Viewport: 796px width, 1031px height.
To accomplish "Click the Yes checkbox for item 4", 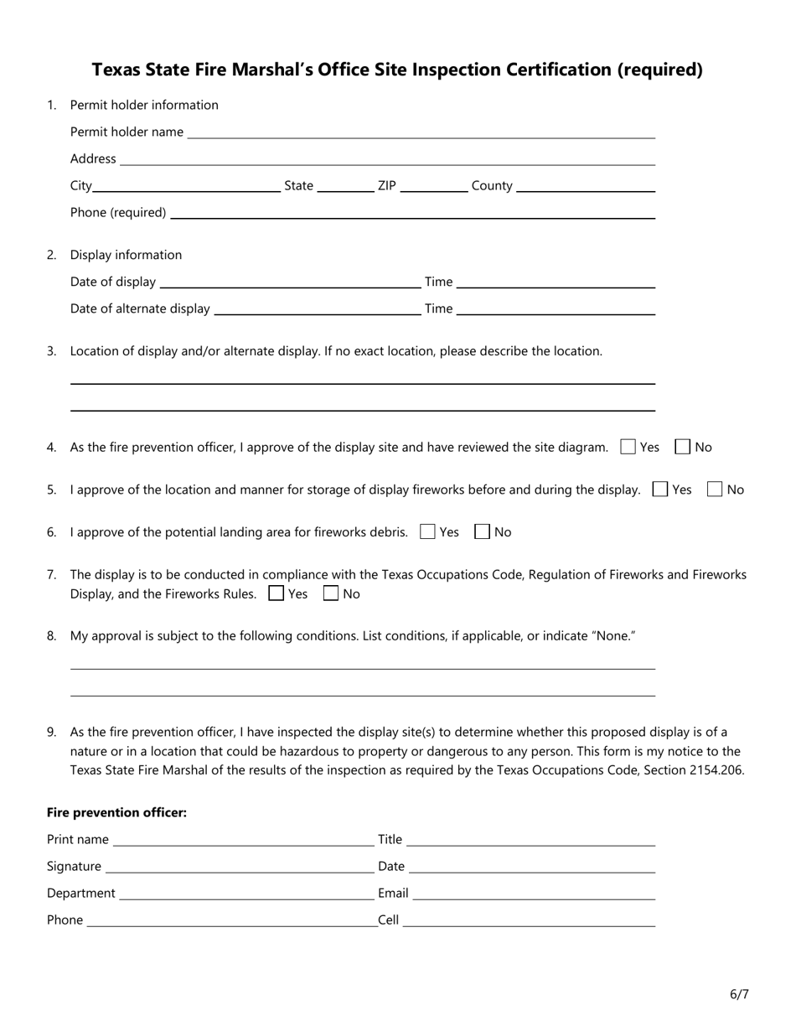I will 628,448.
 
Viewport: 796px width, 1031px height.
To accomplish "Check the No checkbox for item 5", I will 715,490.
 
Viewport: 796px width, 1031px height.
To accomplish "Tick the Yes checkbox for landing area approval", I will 427,532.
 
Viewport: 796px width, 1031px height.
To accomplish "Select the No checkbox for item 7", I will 331,594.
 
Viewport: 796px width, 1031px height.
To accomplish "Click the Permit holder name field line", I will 421,132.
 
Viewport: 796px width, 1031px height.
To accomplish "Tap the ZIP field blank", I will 434,186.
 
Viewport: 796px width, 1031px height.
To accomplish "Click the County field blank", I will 586,186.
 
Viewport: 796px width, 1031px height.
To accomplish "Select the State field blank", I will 345,186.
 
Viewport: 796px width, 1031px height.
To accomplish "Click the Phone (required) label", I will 118,213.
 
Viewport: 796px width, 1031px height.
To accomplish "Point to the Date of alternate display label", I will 140,308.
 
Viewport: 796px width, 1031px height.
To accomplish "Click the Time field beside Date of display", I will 556,282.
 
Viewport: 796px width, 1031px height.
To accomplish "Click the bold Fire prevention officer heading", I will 116,813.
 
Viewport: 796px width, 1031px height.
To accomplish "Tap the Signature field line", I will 239,867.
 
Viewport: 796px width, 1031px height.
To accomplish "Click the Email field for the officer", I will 534,894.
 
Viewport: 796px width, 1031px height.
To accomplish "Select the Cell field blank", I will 529,920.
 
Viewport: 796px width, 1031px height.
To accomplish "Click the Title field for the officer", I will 530,840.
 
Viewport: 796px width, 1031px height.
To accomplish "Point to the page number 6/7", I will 739,995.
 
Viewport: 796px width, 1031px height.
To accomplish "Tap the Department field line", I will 246,894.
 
